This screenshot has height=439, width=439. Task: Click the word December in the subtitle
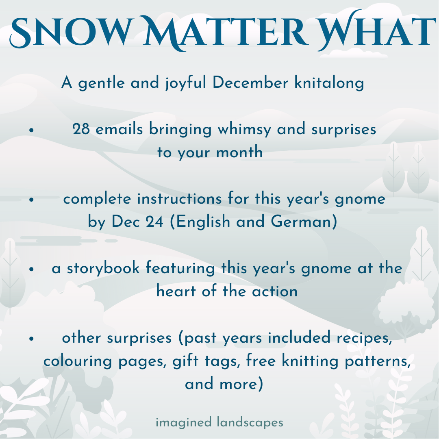(250, 83)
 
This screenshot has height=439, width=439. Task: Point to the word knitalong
(329, 83)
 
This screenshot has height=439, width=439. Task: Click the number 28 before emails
(81, 129)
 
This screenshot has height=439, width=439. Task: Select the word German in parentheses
(302, 222)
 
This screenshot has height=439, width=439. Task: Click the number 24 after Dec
(154, 222)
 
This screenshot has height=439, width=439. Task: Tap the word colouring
(78, 361)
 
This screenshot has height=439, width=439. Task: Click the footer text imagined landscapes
(219, 422)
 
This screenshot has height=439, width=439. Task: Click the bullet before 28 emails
(31, 130)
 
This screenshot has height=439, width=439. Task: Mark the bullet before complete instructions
(31, 200)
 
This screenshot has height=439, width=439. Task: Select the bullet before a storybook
(31, 269)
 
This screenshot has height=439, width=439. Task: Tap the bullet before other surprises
(31, 339)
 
